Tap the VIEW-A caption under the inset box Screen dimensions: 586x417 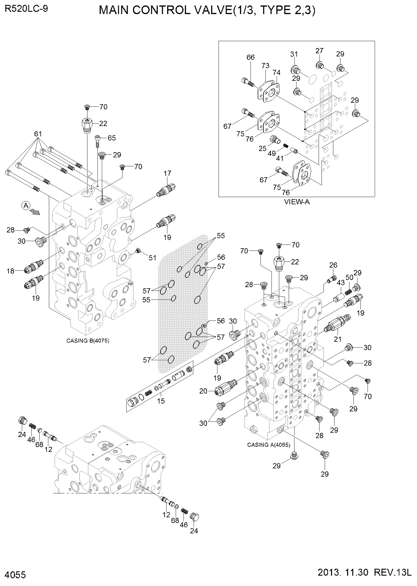[x=297, y=202]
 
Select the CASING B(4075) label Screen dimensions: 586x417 [x=88, y=341]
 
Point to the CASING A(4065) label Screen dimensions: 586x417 [x=269, y=445]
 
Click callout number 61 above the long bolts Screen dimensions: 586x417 [x=38, y=134]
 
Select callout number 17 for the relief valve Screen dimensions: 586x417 [x=167, y=173]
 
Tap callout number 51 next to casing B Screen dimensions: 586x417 [x=152, y=258]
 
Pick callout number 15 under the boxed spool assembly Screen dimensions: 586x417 [x=161, y=400]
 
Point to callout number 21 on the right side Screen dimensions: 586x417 [x=337, y=339]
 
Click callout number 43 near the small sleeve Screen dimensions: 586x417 [x=341, y=283]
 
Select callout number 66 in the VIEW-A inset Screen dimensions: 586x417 [x=250, y=57]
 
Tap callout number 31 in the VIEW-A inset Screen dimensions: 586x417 [x=294, y=54]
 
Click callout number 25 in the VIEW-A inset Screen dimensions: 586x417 [x=262, y=149]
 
